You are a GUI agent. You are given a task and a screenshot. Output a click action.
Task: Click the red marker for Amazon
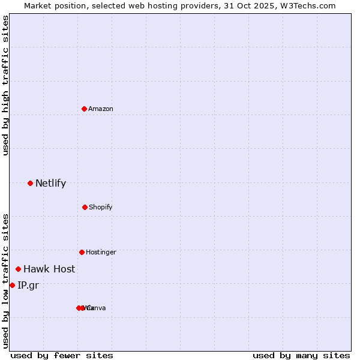coord(85,109)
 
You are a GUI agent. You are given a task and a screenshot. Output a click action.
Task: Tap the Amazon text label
coord(101,109)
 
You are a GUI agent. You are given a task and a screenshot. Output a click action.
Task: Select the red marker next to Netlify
coord(30,183)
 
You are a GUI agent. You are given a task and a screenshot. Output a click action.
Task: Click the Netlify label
coord(50,184)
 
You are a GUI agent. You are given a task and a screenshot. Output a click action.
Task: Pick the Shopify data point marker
coord(85,207)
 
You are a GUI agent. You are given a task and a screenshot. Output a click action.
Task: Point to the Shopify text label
coord(101,208)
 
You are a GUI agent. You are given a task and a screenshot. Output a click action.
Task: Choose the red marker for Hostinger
coord(82,252)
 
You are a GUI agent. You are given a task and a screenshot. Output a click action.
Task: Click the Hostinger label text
coord(101,253)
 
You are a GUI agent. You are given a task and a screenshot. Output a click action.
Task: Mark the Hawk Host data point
coord(18,269)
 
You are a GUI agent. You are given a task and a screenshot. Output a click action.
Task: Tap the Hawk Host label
coord(49,269)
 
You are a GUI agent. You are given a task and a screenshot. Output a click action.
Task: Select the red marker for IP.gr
coord(12,285)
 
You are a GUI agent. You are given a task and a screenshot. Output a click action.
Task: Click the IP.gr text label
coord(28,286)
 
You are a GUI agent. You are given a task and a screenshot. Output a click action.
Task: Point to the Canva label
coord(96,308)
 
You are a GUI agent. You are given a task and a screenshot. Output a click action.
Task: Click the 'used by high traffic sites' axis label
coord(6,85)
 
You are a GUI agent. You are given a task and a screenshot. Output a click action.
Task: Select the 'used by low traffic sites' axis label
coord(6,280)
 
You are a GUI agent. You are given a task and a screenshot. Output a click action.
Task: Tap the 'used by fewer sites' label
coord(62,356)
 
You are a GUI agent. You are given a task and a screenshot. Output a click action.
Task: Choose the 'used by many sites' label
coord(301,356)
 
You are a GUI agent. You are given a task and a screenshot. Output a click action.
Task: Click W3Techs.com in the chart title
coord(309,6)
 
